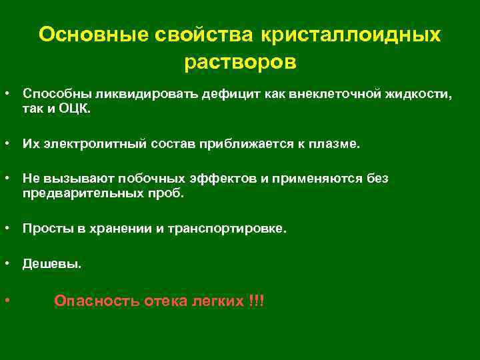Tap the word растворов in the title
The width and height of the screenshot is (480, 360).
[x=239, y=62]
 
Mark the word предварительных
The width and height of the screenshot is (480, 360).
[x=84, y=193]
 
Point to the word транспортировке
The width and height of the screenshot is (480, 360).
[x=231, y=229]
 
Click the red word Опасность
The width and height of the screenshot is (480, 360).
[x=96, y=301]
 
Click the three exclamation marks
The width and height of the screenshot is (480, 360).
[x=256, y=301]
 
